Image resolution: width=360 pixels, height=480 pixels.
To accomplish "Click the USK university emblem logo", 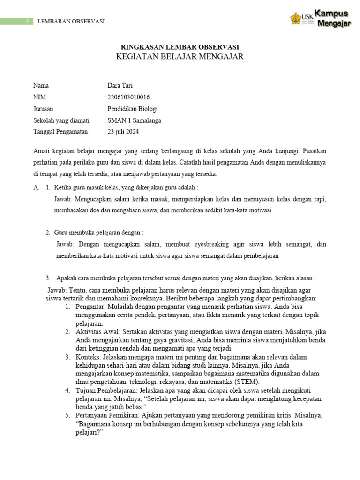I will tap(296, 19).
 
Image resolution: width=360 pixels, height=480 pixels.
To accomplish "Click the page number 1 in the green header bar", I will tap(28, 22).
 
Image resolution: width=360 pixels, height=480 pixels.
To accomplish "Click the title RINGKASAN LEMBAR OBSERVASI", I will tap(180, 47).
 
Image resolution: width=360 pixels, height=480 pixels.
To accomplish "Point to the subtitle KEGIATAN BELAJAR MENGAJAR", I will tap(180, 57).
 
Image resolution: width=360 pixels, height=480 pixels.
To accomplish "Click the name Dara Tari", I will tap(121, 86).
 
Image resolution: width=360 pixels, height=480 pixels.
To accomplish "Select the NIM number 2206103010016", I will tap(128, 97).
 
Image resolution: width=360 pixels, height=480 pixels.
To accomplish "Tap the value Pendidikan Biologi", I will tap(133, 109).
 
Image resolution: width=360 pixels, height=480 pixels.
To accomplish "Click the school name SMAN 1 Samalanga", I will tap(134, 120).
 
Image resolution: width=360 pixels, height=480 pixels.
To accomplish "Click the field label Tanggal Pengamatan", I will tap(60, 132).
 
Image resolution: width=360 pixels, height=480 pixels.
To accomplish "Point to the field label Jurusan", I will tap(43, 109).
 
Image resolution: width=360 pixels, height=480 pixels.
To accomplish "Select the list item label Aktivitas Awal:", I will tap(97, 331).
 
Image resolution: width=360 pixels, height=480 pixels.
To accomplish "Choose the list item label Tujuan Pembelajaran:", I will tap(105, 390).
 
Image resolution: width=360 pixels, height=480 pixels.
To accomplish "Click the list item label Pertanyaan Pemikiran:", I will tap(106, 416).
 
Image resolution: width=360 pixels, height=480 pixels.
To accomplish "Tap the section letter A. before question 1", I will tap(36, 187).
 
